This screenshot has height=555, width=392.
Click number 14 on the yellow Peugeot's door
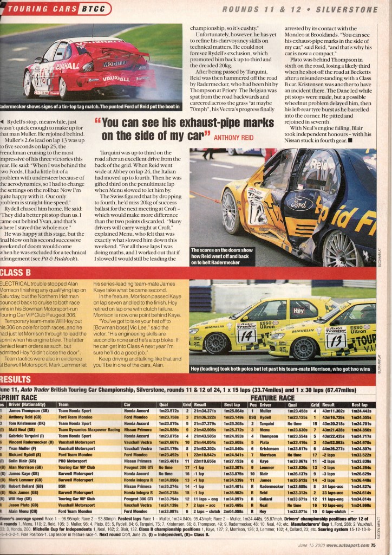coord(246,336)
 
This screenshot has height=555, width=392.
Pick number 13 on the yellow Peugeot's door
coord(336,340)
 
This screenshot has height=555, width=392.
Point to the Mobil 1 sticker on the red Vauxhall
coord(116,63)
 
